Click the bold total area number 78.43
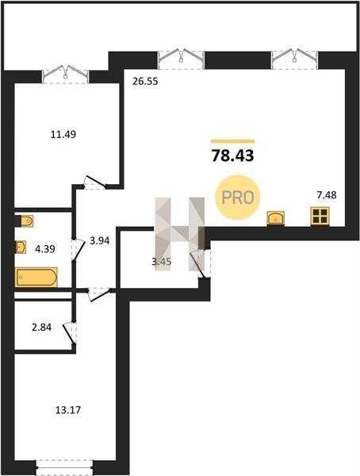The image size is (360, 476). (232, 156)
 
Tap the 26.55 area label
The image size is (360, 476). (145, 82)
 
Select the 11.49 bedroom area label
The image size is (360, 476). (63, 134)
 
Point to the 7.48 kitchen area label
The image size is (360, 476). (327, 195)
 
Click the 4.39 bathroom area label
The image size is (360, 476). (45, 249)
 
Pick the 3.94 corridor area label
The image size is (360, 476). (100, 241)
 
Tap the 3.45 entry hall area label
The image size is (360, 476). (162, 261)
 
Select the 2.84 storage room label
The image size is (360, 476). (41, 328)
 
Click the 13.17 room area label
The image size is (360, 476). (68, 410)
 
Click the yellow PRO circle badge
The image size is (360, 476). (238, 198)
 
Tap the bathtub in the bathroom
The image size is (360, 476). (36, 277)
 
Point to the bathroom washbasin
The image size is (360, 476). (21, 248)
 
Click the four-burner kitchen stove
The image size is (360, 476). (320, 217)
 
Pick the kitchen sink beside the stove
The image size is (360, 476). (275, 218)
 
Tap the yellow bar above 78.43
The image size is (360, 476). (233, 141)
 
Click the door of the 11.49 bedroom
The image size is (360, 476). (95, 182)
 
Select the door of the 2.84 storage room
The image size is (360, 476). (70, 333)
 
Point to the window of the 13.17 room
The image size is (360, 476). (64, 467)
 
